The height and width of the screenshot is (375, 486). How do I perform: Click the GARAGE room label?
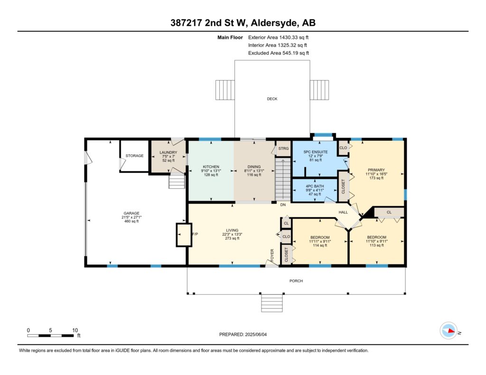(131, 213)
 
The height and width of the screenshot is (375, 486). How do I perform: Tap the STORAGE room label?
(134, 156)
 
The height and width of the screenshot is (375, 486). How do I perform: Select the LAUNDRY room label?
(168, 152)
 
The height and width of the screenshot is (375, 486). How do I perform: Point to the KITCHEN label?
(211, 166)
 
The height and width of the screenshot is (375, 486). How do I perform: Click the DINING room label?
(254, 166)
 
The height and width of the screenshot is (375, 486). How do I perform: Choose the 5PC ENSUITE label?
(316, 152)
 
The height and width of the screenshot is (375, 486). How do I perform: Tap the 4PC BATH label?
(315, 186)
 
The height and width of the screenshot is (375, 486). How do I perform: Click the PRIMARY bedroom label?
(376, 170)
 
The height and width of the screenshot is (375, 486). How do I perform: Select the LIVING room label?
(232, 230)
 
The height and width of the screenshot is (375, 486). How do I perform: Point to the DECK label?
(272, 99)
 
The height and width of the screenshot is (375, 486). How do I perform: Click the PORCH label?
(296, 281)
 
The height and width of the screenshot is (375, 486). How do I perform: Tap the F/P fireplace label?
(195, 234)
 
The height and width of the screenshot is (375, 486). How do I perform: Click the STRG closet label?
(283, 148)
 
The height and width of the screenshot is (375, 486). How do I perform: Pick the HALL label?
(343, 212)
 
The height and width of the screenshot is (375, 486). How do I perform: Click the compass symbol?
(449, 331)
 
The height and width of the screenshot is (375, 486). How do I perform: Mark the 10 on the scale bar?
(75, 330)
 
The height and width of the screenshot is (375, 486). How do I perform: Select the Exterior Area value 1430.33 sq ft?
(294, 37)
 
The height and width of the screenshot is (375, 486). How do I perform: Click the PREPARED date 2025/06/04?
(256, 334)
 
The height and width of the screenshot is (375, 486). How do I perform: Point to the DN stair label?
(283, 205)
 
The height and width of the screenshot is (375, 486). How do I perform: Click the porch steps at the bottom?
(272, 303)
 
